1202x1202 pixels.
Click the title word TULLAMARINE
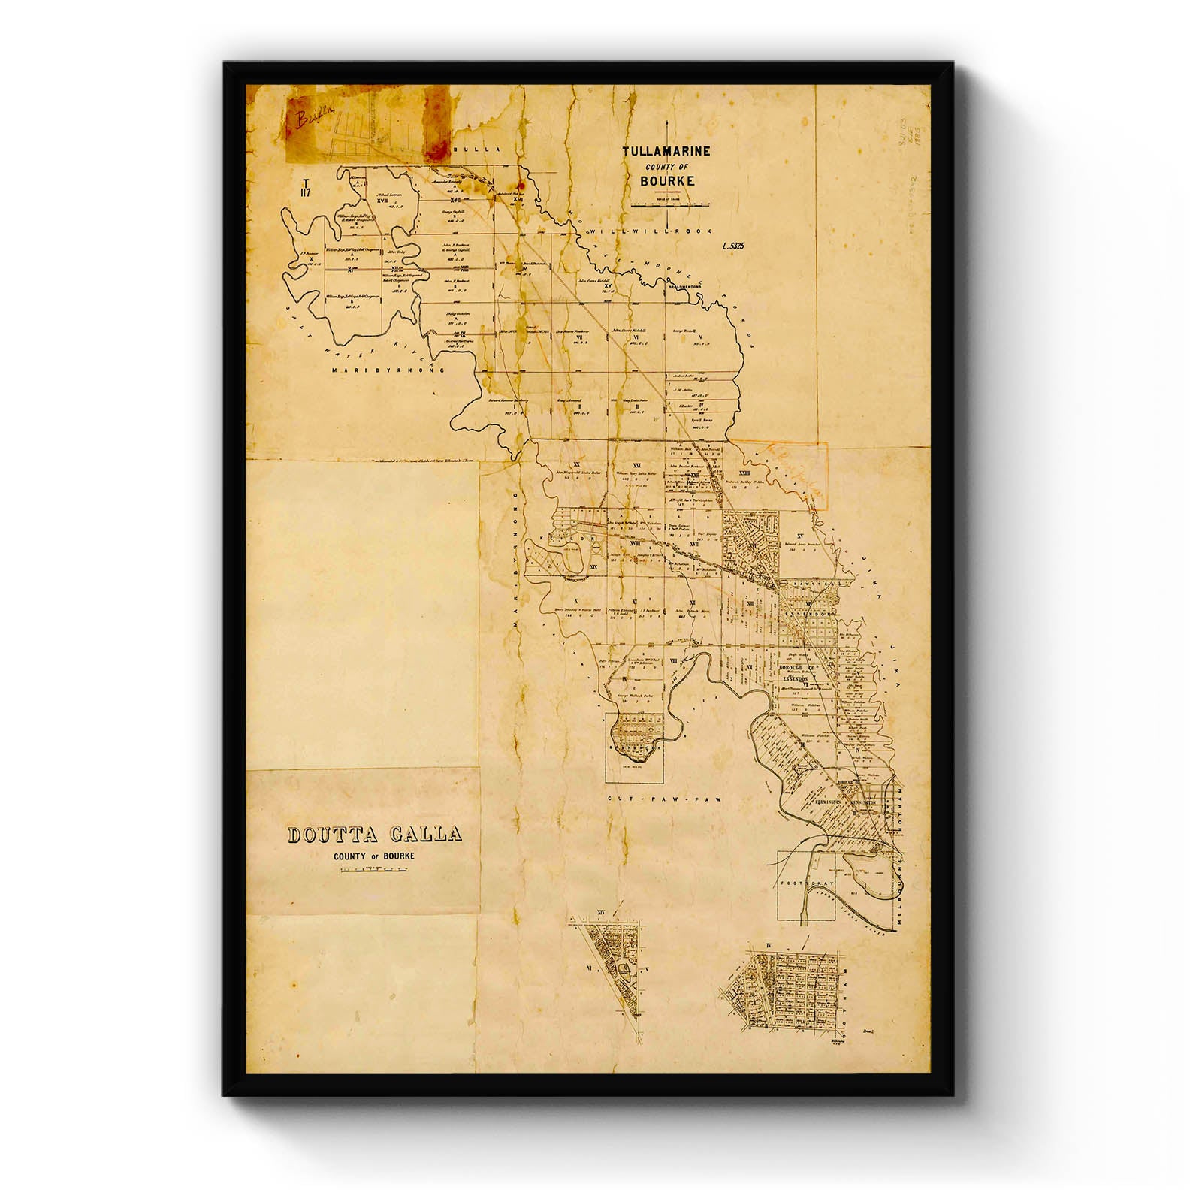pos(666,151)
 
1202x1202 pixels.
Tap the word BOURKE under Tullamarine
pos(667,181)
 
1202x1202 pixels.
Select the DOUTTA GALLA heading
pos(375,836)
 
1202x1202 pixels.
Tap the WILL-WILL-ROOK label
pos(651,232)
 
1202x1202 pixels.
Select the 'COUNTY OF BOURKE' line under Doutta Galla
pos(375,856)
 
